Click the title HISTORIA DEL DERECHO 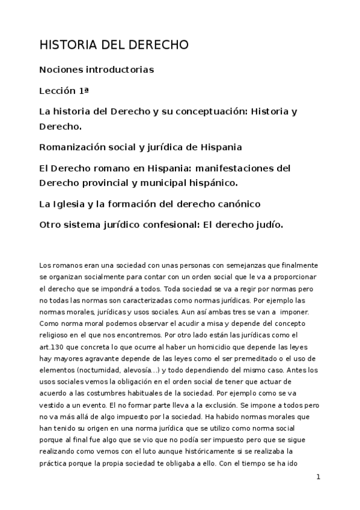click(114, 46)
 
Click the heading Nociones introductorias click(96, 70)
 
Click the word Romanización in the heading click(75, 147)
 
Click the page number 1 click(319, 476)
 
